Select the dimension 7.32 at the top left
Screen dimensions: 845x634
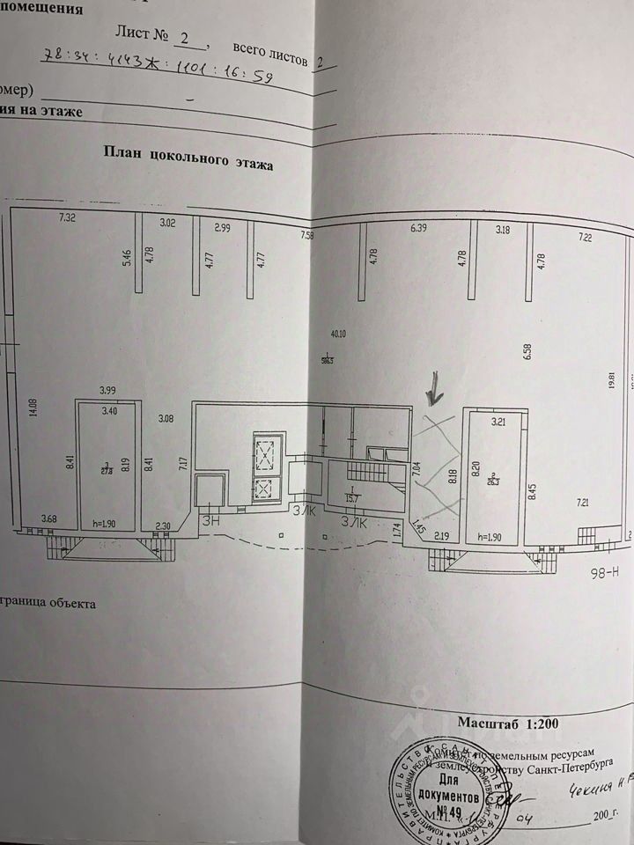pyautogui.click(x=68, y=217)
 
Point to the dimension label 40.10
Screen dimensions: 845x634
pyautogui.click(x=337, y=334)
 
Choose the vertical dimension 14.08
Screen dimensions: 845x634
pyautogui.click(x=33, y=412)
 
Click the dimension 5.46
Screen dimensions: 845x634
pyautogui.click(x=127, y=257)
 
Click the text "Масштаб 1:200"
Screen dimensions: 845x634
pyautogui.click(x=507, y=723)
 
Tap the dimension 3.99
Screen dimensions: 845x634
pyautogui.click(x=107, y=390)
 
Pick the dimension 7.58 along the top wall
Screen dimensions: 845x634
pyautogui.click(x=306, y=235)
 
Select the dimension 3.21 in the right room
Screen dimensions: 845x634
pyautogui.click(x=500, y=422)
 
